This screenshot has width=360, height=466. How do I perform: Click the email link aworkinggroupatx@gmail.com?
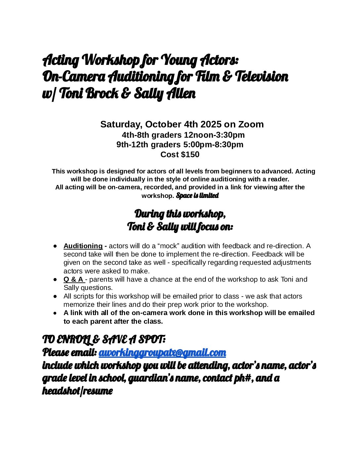[162, 353]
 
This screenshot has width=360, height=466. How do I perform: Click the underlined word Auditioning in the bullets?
[83, 246]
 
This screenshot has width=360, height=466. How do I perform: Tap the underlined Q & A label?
[73, 279]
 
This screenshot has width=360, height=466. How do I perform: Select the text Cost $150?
[180, 155]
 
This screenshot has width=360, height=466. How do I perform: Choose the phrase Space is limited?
[198, 196]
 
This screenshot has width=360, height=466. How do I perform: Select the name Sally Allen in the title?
[165, 94]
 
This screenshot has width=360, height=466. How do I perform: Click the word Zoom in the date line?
[251, 124]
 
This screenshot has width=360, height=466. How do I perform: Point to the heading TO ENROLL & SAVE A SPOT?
[104, 340]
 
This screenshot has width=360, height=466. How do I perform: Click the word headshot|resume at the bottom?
[77, 391]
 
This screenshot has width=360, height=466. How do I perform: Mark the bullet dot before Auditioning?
[56, 246]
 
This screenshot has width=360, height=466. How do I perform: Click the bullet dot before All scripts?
[56, 296]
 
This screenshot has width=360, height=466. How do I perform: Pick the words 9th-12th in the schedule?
[132, 145]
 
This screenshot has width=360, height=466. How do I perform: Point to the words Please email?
[69, 353]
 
